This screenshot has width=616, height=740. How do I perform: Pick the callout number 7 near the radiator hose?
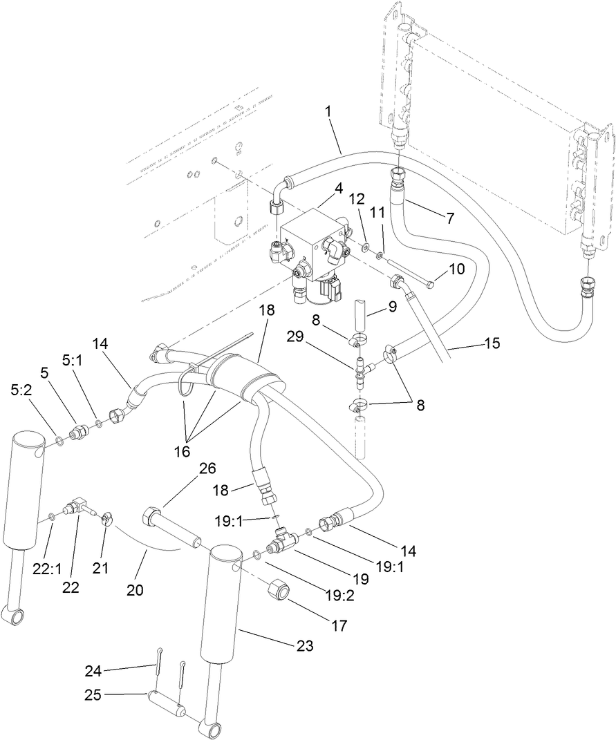pos(449,218)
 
